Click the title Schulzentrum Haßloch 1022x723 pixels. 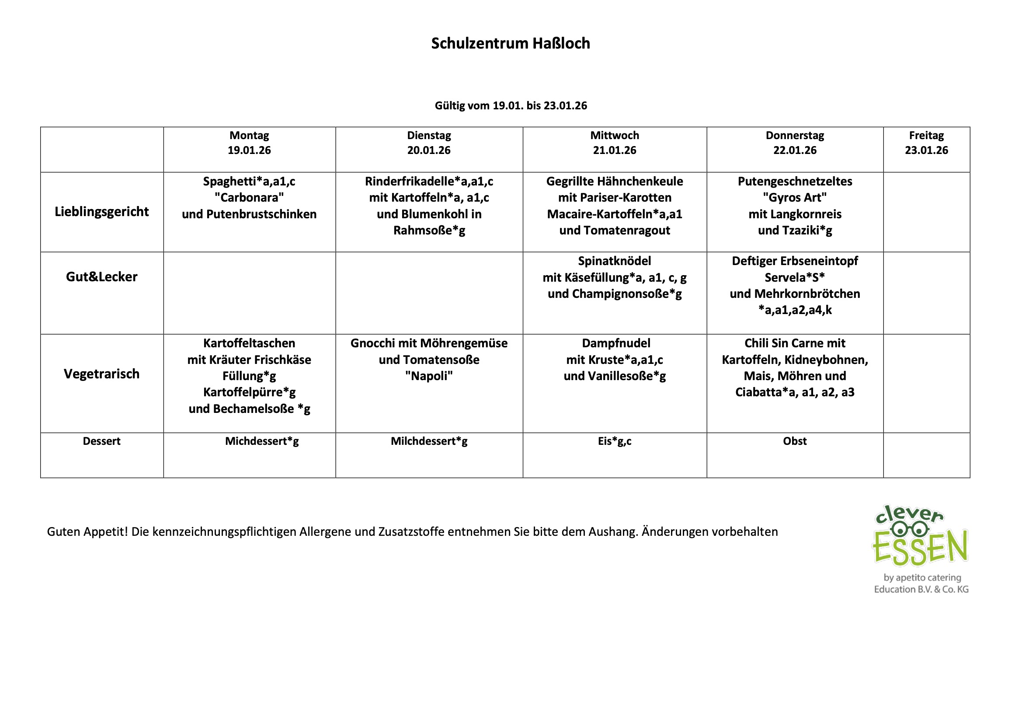point(511,43)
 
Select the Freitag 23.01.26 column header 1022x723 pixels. point(926,143)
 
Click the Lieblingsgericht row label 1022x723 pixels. point(101,212)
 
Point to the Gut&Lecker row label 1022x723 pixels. point(101,276)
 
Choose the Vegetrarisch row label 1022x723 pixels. point(101,374)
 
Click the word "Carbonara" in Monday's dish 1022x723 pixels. point(249,197)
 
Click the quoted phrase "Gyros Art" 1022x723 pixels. point(795,197)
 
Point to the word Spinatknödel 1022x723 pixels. point(614,261)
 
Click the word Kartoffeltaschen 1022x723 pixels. point(249,343)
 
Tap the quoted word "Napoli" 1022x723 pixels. point(429,376)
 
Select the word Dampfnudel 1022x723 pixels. point(615,343)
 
